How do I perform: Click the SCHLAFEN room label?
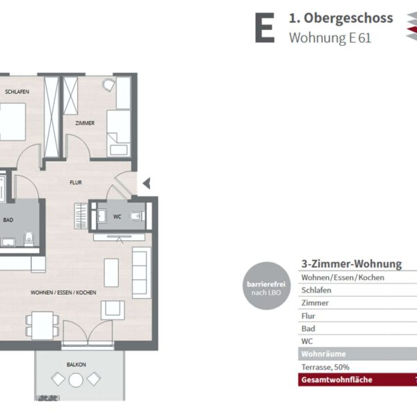pyautogui.click(x=17, y=92)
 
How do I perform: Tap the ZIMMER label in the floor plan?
pyautogui.click(x=85, y=123)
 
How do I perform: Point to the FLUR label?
pyautogui.click(x=76, y=182)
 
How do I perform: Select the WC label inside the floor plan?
pyautogui.click(x=117, y=217)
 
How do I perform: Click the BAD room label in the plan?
pyautogui.click(x=8, y=220)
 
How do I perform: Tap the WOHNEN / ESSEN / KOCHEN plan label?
pyautogui.click(x=63, y=293)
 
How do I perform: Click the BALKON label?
pyautogui.click(x=76, y=365)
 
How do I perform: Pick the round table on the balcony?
pyautogui.click(x=76, y=380)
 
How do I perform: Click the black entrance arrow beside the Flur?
pyautogui.click(x=147, y=183)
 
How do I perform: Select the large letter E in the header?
pyautogui.click(x=265, y=28)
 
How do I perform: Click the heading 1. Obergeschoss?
pyautogui.click(x=341, y=18)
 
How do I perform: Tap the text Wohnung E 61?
pyautogui.click(x=330, y=38)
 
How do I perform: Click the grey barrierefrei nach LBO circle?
pyautogui.click(x=267, y=286)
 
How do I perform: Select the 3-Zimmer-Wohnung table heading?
pyautogui.click(x=352, y=264)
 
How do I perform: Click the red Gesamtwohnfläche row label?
pyautogui.click(x=336, y=379)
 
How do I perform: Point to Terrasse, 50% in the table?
pyautogui.click(x=325, y=367)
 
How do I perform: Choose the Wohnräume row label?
pyautogui.click(x=324, y=354)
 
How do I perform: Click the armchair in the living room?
pyautogui.click(x=113, y=310)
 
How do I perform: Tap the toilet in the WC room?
pyautogui.click(x=137, y=216)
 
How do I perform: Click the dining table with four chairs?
pyautogui.click(x=42, y=325)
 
